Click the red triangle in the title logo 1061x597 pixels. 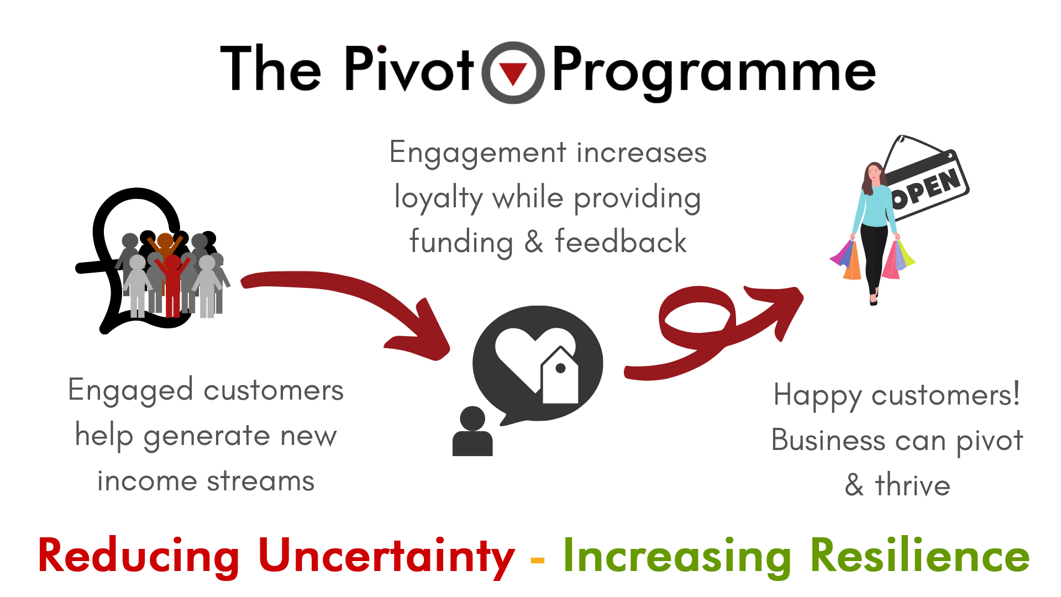[513, 73]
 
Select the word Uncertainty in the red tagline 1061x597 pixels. [387, 557]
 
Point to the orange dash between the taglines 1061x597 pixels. [537, 561]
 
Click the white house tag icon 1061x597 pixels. [560, 376]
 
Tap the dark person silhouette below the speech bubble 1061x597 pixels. [472, 431]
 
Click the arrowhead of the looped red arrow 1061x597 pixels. [779, 310]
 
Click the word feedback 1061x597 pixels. [621, 242]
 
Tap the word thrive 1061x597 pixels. [913, 485]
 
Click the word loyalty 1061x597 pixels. [439, 198]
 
